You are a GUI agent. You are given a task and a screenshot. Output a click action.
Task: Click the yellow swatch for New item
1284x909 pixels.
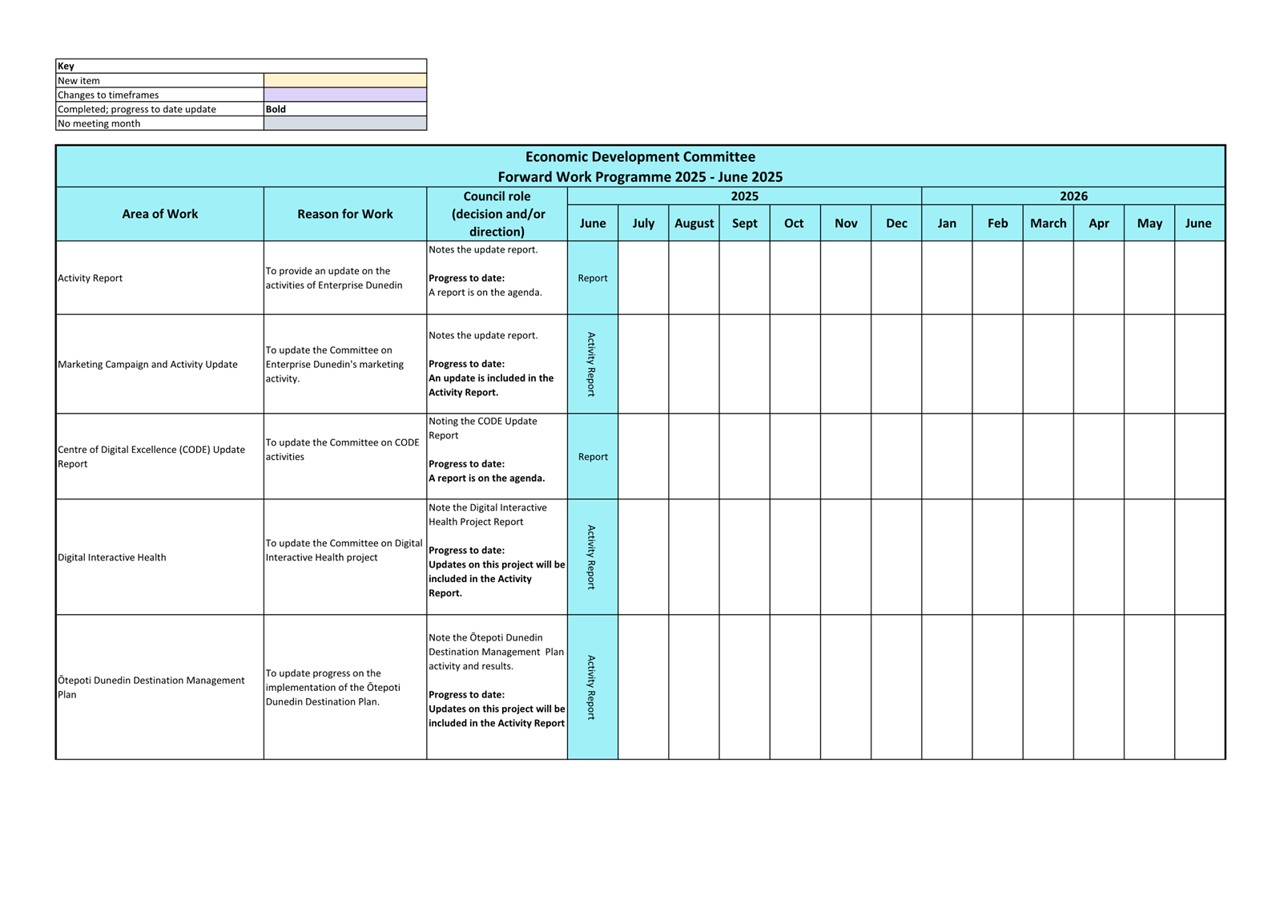[345, 80]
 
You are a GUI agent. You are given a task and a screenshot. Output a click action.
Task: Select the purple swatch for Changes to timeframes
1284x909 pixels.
[345, 95]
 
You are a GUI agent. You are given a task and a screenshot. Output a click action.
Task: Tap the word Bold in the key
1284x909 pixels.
[276, 109]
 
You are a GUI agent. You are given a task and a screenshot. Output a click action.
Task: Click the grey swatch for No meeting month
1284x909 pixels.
[345, 123]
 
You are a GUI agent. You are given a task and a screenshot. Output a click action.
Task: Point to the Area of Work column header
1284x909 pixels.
[159, 214]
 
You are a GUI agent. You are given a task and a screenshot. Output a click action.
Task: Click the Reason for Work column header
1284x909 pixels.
[344, 214]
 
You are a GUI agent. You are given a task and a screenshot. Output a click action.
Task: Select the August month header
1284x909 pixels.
[694, 223]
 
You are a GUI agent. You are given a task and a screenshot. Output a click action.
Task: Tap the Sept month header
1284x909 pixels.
[744, 223]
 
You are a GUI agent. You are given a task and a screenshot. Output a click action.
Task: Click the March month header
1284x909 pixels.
[1048, 223]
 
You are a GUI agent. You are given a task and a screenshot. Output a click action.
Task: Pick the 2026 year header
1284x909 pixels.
[1073, 196]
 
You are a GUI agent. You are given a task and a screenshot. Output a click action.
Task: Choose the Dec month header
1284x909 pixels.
[896, 223]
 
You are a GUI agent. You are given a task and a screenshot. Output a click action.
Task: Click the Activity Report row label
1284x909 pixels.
[91, 278]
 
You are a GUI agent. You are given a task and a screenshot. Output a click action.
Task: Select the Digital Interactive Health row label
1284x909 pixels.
[112, 557]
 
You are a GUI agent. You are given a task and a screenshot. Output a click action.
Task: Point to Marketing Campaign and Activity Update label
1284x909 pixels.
[147, 364]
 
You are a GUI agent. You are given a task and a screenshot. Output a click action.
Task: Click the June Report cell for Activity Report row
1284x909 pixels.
[593, 278]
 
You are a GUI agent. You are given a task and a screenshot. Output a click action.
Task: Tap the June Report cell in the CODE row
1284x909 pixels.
[593, 457]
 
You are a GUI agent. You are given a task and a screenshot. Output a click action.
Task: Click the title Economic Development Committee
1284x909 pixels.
[640, 157]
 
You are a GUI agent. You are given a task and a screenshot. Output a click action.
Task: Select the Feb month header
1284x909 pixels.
[997, 223]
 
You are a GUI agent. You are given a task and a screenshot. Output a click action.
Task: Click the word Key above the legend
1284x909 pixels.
[66, 66]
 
